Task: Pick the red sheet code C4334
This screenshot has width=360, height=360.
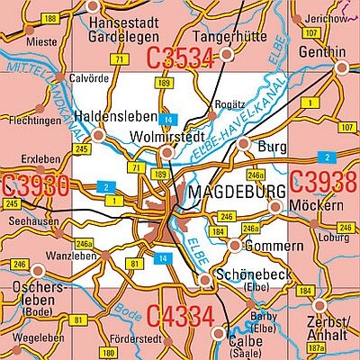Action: point(180,316)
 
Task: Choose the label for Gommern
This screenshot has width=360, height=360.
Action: point(267,245)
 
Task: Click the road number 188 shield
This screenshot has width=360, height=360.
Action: point(50,18)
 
